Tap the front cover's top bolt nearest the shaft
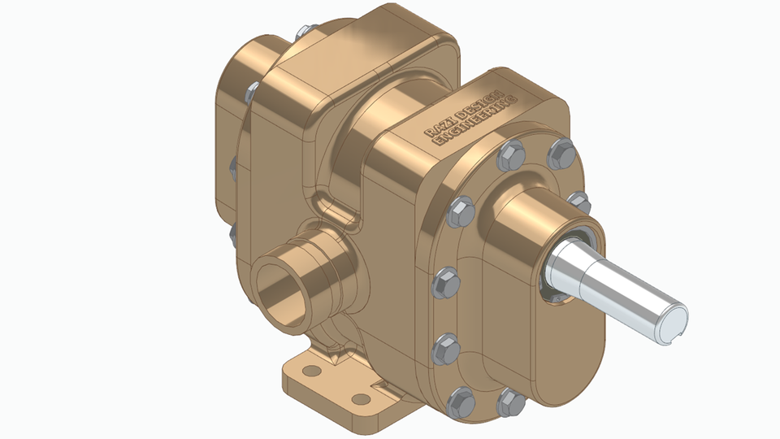point(561,152)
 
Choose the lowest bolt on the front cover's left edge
point(461,400)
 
